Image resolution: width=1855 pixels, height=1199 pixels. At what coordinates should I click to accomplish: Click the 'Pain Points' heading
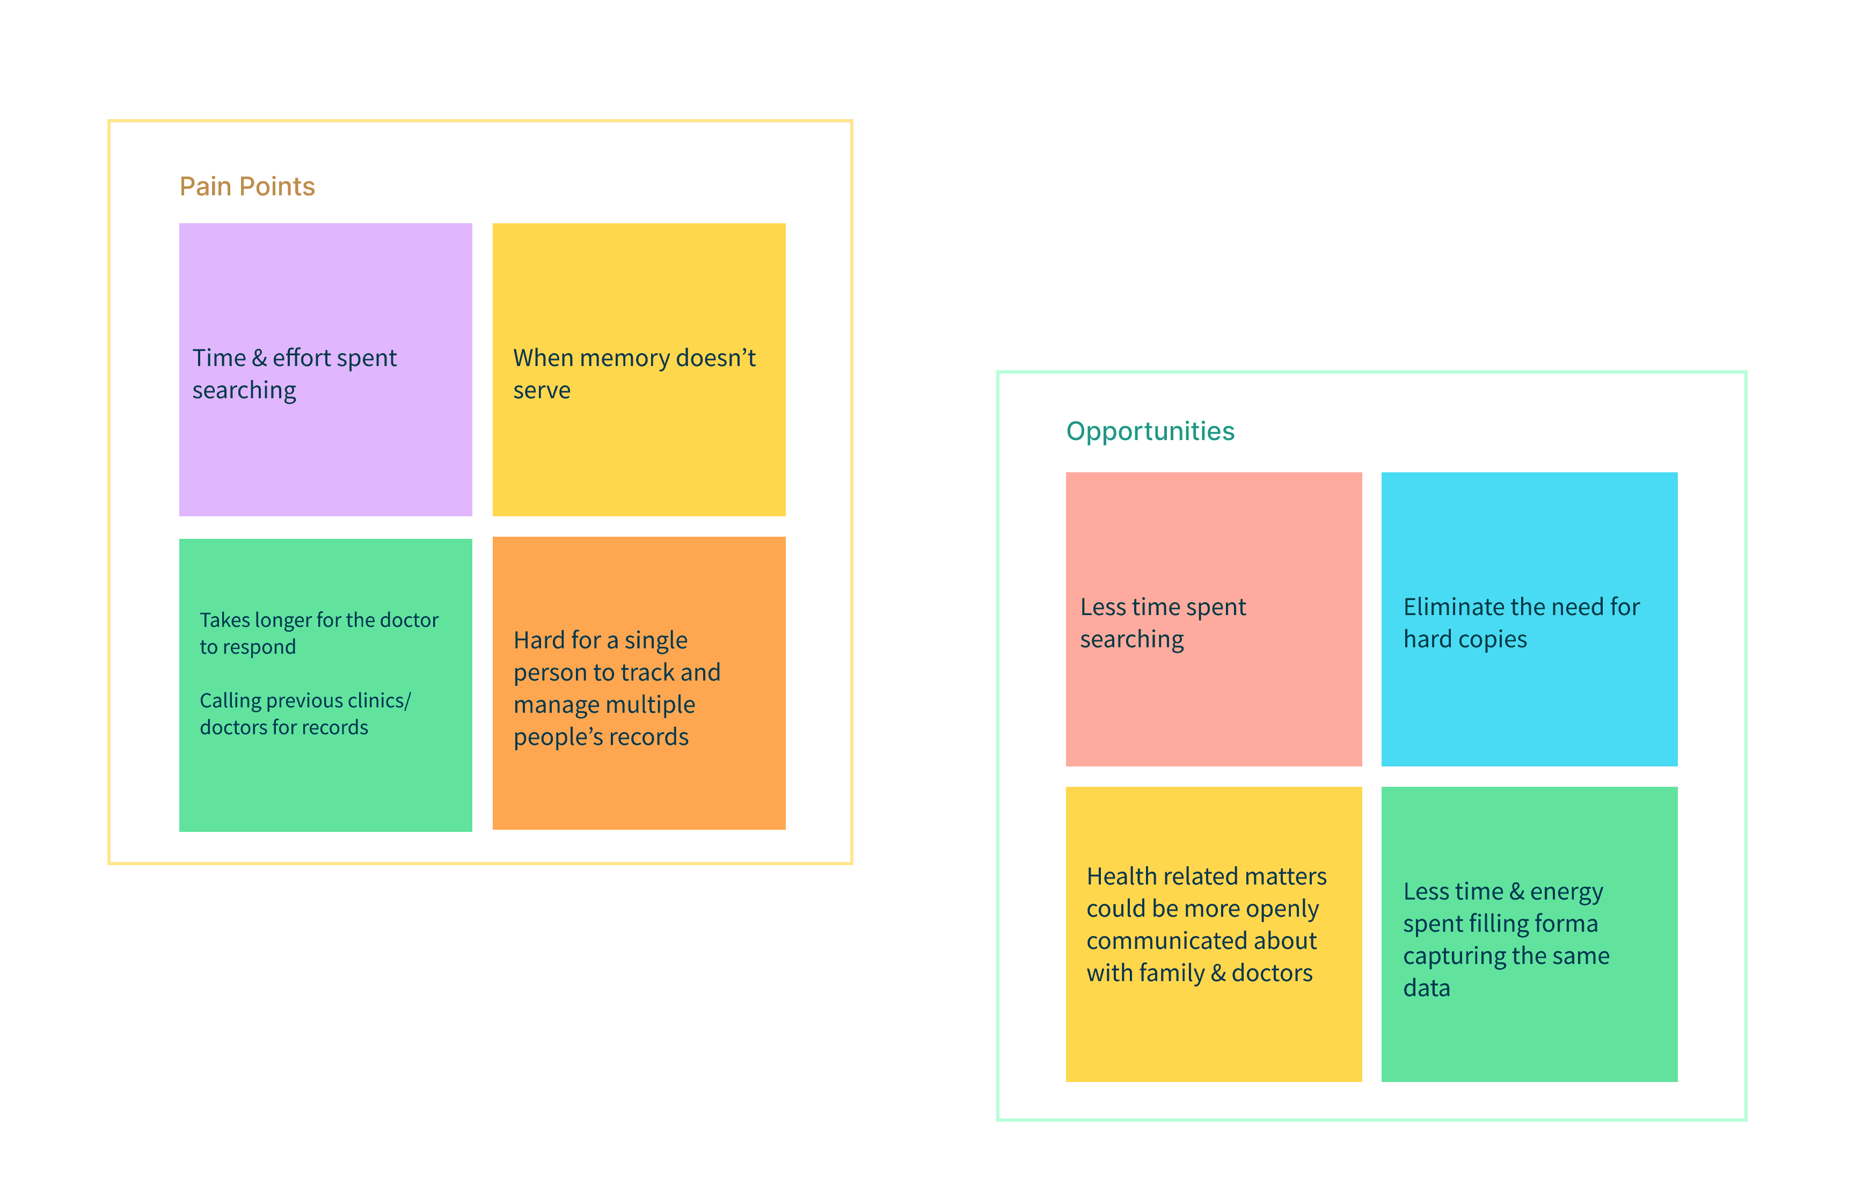point(247,187)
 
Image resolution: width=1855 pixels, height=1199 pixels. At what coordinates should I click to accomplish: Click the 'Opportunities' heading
point(1150,432)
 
